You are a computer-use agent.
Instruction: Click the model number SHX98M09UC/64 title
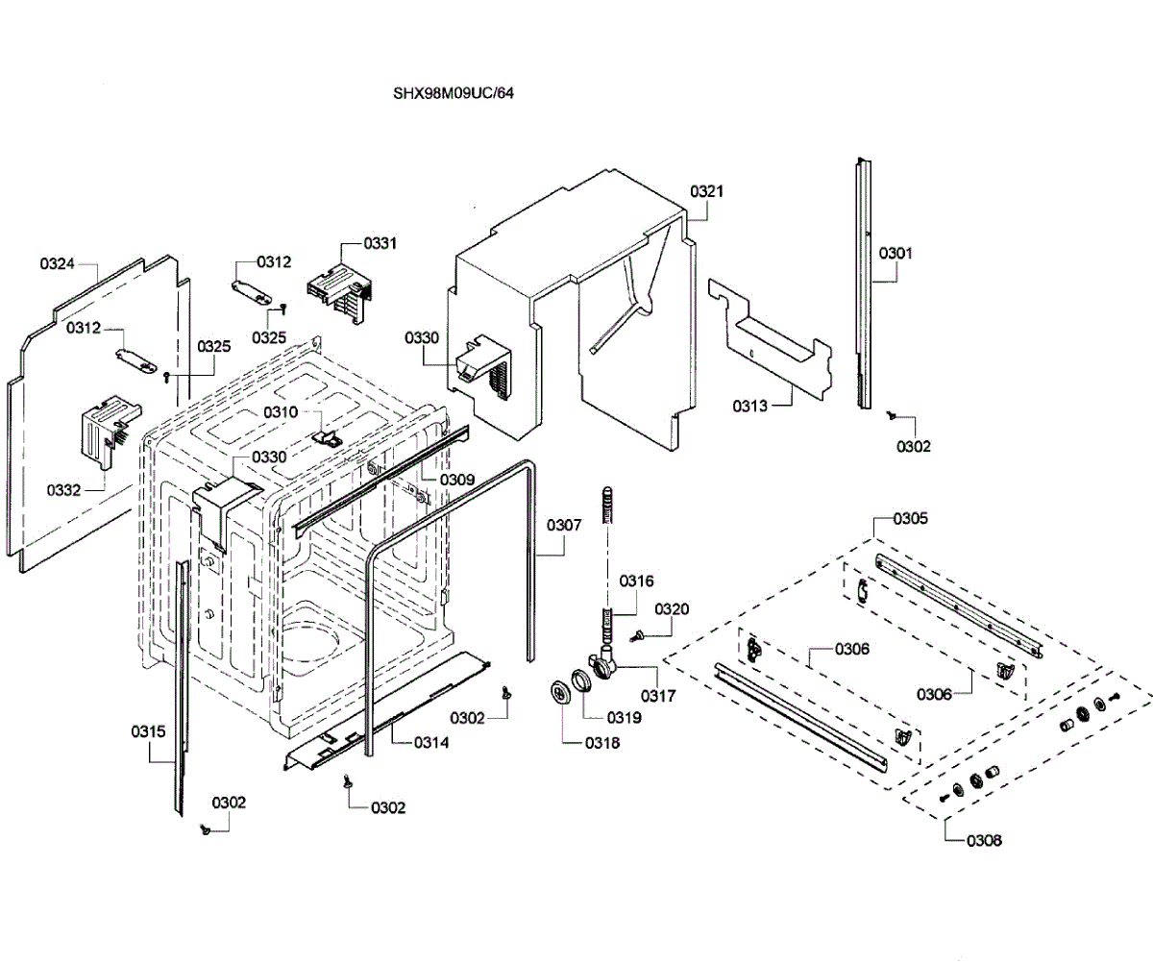454,93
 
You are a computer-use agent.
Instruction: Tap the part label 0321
707,191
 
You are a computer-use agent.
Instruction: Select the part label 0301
895,254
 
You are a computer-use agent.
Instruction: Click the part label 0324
57,264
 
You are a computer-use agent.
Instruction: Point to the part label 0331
380,243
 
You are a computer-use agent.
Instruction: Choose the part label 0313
749,407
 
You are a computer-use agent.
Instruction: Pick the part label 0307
564,526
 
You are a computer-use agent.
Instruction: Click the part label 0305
911,519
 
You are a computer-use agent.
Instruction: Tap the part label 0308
984,840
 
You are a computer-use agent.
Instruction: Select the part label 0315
148,732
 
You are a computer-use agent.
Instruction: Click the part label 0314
431,743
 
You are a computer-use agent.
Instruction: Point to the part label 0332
63,490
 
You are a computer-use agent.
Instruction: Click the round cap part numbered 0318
561,693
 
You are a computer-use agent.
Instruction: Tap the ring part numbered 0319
581,680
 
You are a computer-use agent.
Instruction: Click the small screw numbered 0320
638,635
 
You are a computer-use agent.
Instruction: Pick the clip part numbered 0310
328,437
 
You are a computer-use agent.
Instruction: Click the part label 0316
636,581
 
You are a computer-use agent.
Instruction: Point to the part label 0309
457,480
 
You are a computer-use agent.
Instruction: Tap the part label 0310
281,412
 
